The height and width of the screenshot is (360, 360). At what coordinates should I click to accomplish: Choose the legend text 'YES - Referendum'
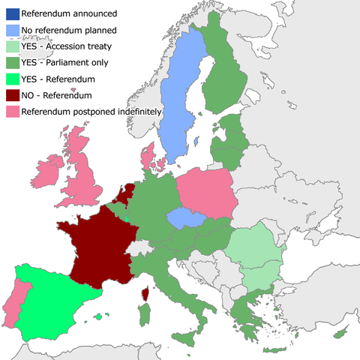click(x=62, y=79)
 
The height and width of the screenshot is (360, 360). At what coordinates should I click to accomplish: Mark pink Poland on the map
click(x=206, y=195)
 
